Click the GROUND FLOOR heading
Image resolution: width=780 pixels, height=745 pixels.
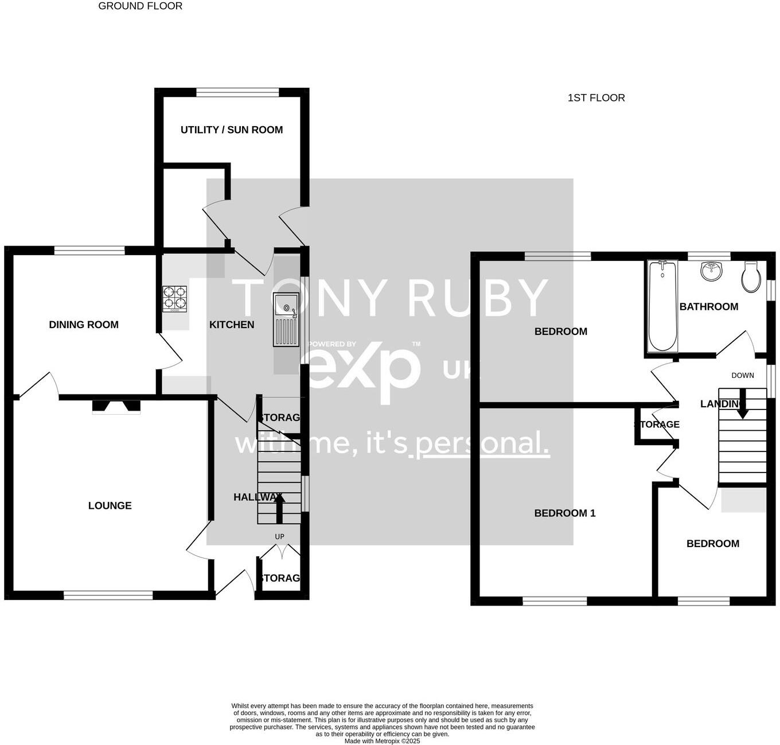[x=140, y=6]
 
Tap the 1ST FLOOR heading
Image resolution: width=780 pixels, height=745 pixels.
[x=596, y=98]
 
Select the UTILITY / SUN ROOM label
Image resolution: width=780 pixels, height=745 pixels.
[x=232, y=130]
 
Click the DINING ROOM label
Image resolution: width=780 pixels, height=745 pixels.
[x=84, y=325]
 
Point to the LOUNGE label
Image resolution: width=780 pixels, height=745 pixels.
[x=110, y=506]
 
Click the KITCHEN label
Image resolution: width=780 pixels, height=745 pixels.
[x=232, y=325]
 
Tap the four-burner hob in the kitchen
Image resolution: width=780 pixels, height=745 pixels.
[x=175, y=299]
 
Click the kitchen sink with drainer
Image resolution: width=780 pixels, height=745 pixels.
[x=286, y=320]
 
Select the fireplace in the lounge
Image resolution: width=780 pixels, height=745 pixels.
[x=116, y=406]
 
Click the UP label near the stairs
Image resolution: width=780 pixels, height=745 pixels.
[x=279, y=537]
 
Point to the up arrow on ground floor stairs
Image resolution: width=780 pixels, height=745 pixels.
[x=279, y=508]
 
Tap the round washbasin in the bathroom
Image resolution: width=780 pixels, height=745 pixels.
[x=712, y=271]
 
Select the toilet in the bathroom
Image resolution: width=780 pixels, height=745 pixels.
[x=750, y=276]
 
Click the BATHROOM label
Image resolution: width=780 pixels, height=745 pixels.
[x=709, y=307]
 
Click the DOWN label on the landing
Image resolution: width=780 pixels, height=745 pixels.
[x=742, y=376]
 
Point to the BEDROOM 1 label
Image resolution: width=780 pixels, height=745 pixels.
[x=565, y=513]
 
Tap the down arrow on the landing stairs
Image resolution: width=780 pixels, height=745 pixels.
[x=742, y=404]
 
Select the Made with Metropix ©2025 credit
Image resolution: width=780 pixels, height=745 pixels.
[x=382, y=741]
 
